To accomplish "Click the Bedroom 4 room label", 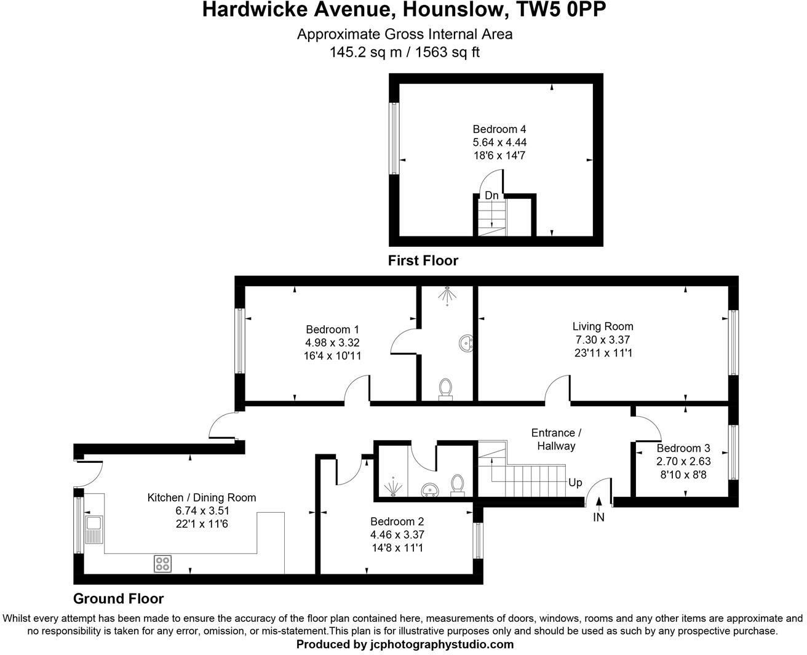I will coord(499,129).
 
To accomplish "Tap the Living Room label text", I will coord(602,326).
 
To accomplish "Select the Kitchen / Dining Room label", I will coord(202,497).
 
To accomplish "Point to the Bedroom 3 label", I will coord(683,448).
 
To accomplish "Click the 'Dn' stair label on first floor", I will coord(491,196).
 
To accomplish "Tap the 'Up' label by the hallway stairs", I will coord(575,483).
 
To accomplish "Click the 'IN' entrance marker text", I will coord(598,518).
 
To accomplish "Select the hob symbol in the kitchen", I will coord(162,563).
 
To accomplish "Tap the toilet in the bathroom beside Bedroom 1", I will coord(446,388).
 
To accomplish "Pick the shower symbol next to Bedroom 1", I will coord(447,295).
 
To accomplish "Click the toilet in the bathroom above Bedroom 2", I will coord(457,484).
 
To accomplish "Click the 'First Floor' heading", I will coord(423,261).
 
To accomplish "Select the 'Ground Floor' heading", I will coord(118,598).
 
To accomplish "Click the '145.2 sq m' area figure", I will coord(367,52).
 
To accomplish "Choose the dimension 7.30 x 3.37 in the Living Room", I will coord(602,340).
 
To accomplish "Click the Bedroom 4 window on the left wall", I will coord(394,139).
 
